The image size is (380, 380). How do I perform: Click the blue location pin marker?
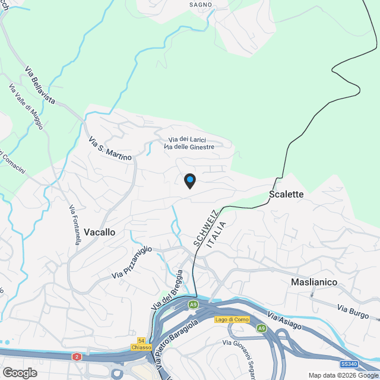point(189,180)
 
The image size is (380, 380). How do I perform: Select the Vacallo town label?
point(100,232)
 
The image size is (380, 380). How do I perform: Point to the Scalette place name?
point(286,194)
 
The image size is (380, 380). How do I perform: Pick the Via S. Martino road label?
point(110,150)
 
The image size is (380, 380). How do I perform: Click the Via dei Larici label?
point(188,139)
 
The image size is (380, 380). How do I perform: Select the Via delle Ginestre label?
point(189,147)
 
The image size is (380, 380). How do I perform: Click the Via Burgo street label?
point(353,309)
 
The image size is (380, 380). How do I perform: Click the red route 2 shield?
point(77,357)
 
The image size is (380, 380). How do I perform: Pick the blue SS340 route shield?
point(350,363)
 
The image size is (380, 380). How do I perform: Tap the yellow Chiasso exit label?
point(142,347)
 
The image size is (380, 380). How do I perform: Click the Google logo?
point(20,373)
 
